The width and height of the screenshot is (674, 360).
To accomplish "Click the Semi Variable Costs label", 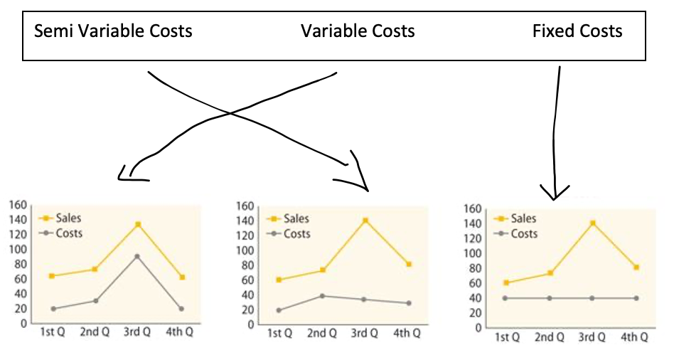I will [113, 32].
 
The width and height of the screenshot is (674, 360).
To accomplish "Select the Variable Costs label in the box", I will [358, 32].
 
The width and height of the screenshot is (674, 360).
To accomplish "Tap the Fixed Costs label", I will [577, 32].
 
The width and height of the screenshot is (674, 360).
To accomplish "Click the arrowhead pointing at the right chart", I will [555, 193].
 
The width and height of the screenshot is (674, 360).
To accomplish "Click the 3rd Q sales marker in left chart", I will [138, 224].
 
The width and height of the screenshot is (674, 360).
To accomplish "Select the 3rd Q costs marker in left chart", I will [138, 256].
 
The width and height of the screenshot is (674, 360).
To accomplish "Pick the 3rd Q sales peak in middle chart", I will [365, 221].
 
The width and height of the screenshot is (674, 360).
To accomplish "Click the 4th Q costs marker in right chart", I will [636, 298].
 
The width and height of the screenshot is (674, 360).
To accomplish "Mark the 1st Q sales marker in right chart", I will [505, 282].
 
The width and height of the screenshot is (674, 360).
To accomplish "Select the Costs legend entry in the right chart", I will [523, 234].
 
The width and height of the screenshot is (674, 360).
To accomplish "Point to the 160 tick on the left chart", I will [17, 206].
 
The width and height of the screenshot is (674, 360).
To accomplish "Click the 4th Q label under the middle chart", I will [407, 334].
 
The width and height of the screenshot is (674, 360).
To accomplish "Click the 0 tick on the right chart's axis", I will [478, 328].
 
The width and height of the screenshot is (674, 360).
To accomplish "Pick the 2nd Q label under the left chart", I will [94, 332].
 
